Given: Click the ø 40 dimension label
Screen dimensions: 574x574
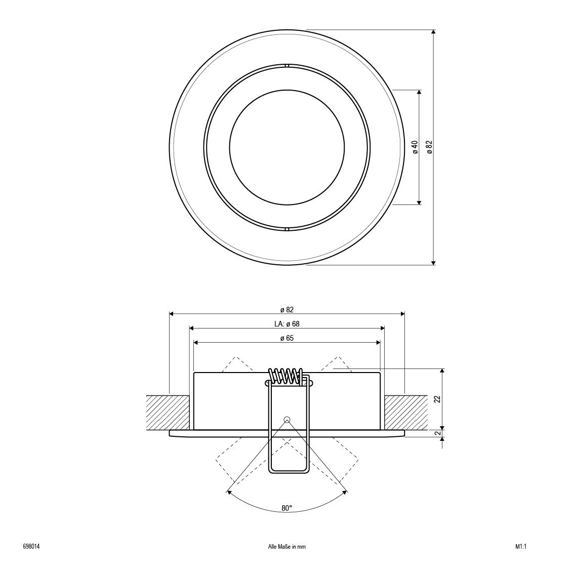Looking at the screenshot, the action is click(x=415, y=147).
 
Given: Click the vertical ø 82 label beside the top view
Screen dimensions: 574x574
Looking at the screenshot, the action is click(x=429, y=147).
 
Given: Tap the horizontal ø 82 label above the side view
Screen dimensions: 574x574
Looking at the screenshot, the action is click(x=287, y=310).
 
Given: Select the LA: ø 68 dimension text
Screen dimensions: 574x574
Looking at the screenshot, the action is click(x=287, y=324).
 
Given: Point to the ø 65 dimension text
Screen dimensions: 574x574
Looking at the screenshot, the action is click(x=287, y=338).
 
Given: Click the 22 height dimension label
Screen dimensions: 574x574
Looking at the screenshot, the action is click(x=437, y=399).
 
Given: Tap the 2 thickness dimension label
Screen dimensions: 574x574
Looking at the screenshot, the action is click(x=437, y=433).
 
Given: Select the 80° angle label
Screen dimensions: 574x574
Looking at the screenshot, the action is click(x=287, y=508).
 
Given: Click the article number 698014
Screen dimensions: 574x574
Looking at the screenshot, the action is click(x=31, y=547).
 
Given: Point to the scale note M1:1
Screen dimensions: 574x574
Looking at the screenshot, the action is click(x=521, y=547).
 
